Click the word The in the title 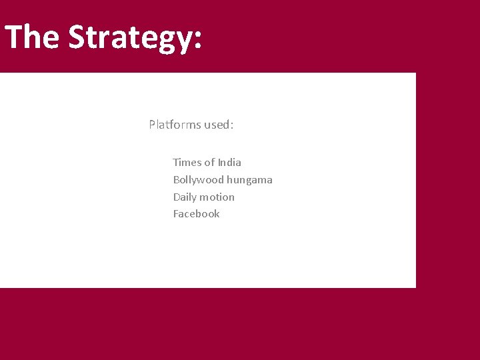pyautogui.click(x=31, y=37)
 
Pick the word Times pyautogui.click(x=187, y=163)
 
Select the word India pyautogui.click(x=229, y=163)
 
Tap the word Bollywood pyautogui.click(x=199, y=180)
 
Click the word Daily pyautogui.click(x=185, y=197)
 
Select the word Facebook pyautogui.click(x=196, y=214)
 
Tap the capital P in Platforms pyautogui.click(x=152, y=125)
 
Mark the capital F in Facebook pyautogui.click(x=176, y=214)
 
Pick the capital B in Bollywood pyautogui.click(x=177, y=180)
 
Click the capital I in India pyautogui.click(x=219, y=163)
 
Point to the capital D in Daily pyautogui.click(x=177, y=197)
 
